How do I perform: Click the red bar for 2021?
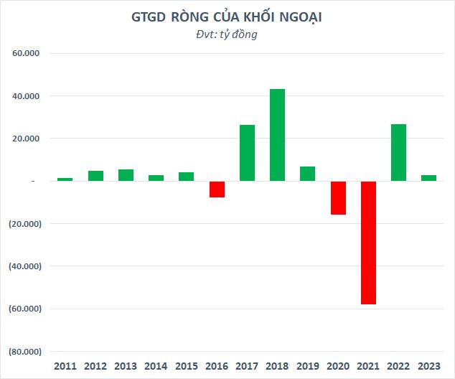point(368,243)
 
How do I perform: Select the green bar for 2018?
point(277,135)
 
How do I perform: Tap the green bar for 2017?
point(247,153)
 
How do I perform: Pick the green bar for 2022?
point(398,153)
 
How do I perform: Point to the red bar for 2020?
point(338,197)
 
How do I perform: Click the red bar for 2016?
point(217,189)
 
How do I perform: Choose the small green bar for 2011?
point(65,179)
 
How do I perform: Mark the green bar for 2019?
point(307,174)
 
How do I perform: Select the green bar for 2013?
point(126,175)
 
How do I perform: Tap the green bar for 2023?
point(428,178)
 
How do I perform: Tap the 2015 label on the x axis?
point(187,366)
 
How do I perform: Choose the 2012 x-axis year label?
point(95,366)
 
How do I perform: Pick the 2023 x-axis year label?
point(428,366)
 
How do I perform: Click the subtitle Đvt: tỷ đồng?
point(227,34)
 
